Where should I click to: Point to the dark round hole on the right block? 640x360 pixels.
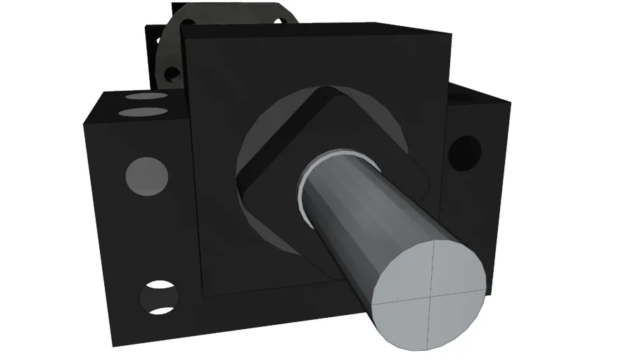[x=464, y=152]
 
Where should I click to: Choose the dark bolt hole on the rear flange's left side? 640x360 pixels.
[x=169, y=73]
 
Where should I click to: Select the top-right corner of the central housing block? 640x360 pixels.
[x=450, y=33]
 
